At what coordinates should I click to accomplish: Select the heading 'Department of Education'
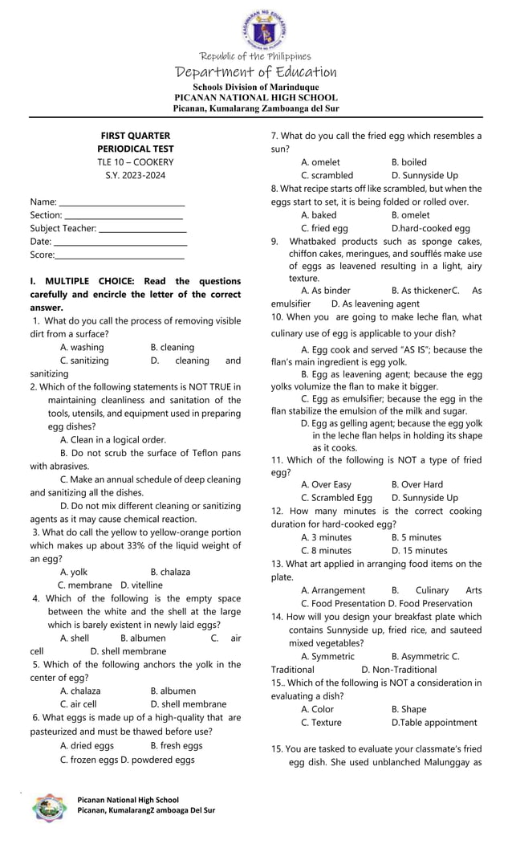pyautogui.click(x=256, y=72)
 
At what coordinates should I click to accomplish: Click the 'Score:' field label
pyautogui.click(x=42, y=254)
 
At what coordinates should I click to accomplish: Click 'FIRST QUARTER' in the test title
pyautogui.click(x=135, y=136)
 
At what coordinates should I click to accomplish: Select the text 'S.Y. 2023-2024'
pyautogui.click(x=135, y=174)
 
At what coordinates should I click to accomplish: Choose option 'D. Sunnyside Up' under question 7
pyautogui.click(x=425, y=175)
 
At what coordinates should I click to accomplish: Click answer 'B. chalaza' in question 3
pyautogui.click(x=170, y=572)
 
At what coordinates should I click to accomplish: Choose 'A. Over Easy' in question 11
pyautogui.click(x=326, y=484)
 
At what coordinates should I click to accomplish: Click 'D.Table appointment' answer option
pyautogui.click(x=433, y=722)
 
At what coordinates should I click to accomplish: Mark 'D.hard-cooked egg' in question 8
pyautogui.click(x=430, y=228)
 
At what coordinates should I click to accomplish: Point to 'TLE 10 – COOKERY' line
pyautogui.click(x=135, y=161)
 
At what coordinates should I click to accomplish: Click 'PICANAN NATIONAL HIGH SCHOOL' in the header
pyautogui.click(x=256, y=97)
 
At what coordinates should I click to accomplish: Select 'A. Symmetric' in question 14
pyautogui.click(x=327, y=656)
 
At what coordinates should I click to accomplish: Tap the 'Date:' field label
pyautogui.click(x=40, y=241)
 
